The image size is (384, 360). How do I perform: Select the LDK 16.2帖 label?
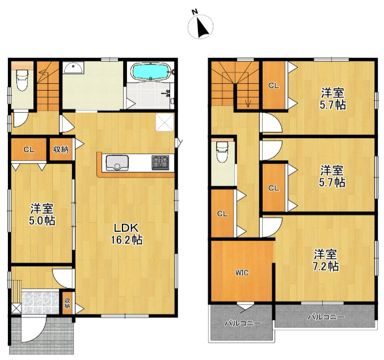tap(126, 234)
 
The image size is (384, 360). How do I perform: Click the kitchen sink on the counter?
tap(117, 163)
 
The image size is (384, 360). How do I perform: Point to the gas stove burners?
tap(160, 163)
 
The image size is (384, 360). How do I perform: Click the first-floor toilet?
tap(22, 80)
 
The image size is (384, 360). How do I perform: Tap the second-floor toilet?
tap(222, 153)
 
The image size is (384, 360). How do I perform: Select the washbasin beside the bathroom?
tap(73, 68)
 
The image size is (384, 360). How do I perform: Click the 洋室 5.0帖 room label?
tap(42, 215)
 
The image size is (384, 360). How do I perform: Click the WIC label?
tap(242, 273)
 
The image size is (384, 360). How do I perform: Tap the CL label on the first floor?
tap(29, 150)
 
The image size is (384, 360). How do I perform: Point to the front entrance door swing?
tap(34, 329)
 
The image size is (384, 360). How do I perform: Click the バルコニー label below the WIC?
tap(243, 324)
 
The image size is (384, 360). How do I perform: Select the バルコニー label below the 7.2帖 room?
tap(326, 317)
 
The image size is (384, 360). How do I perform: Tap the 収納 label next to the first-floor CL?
tap(61, 149)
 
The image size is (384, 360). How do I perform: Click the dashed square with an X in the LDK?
tap(164, 122)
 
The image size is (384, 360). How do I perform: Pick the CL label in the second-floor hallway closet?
tap(222, 214)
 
